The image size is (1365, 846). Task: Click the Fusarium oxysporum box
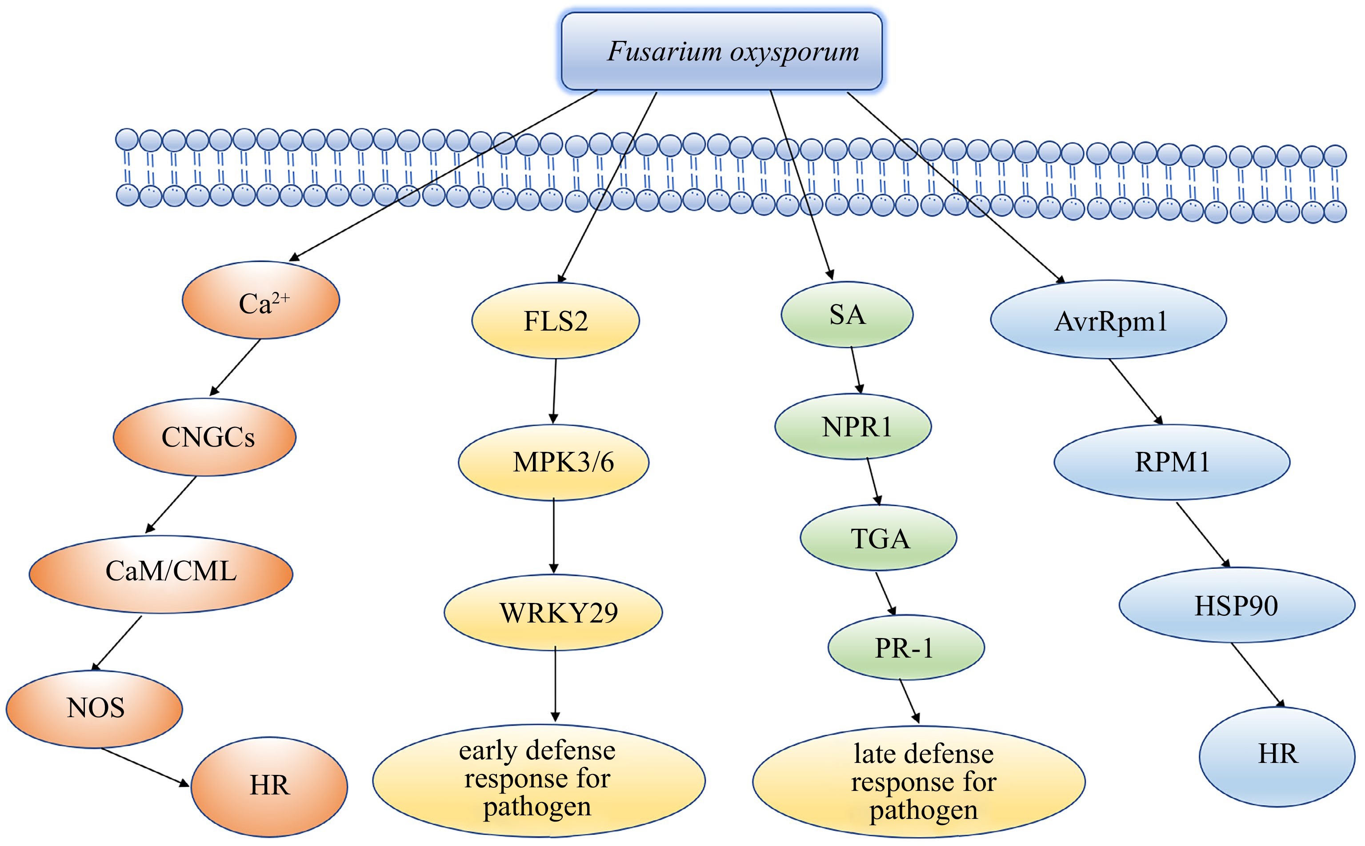(721, 51)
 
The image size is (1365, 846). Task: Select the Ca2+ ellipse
(261, 300)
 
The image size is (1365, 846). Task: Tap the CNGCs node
(205, 437)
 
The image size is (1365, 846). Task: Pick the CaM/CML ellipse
(161, 574)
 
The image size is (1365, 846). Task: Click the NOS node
(94, 708)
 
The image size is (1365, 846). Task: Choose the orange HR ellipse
(269, 786)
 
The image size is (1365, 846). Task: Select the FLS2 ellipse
(555, 321)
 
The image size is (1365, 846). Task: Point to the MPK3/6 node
(553, 462)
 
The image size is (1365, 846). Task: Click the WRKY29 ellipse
(553, 612)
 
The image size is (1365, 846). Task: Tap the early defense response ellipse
(538, 780)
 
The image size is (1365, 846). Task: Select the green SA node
(847, 315)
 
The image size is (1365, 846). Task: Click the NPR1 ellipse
(853, 427)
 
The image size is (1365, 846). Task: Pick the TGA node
(878, 538)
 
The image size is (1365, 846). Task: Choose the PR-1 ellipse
(905, 648)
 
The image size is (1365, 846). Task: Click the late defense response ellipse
(918, 782)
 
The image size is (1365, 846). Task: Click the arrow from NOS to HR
(144, 766)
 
